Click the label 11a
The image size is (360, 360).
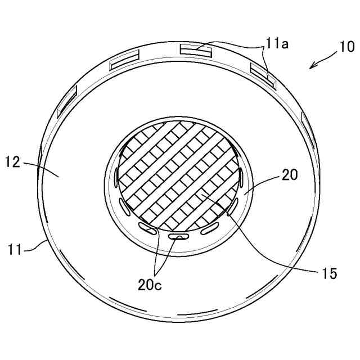(277, 44)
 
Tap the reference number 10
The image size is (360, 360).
(346, 47)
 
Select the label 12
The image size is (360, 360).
(13, 162)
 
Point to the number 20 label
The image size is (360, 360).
(290, 175)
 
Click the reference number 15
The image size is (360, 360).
(330, 273)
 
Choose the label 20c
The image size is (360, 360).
(150, 285)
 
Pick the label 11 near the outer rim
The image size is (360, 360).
(15, 249)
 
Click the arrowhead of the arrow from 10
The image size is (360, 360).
(312, 66)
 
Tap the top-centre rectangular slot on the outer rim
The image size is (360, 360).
(196, 51)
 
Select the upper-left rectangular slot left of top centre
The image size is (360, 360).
(125, 60)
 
